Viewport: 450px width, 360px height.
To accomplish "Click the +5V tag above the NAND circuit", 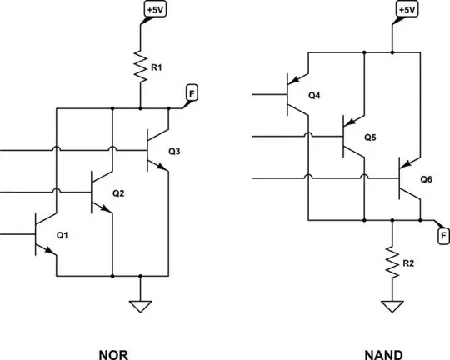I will pos(406,9).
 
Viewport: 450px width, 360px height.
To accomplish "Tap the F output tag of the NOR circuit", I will pos(191,94).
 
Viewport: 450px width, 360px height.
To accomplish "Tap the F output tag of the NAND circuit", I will pos(443,236).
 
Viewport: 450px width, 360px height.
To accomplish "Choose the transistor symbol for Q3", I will pos(156,152).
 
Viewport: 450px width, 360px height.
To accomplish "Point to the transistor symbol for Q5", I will pos(349,136).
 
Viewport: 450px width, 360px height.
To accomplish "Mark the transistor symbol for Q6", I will pos(407,177).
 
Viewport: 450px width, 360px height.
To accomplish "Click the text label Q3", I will pos(174,152).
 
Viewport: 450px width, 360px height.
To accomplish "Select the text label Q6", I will pos(426,179).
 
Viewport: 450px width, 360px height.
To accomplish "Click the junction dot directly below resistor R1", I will pos(139,108).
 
